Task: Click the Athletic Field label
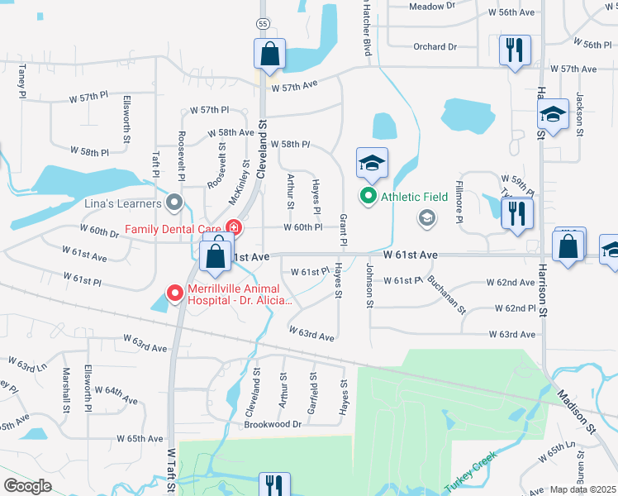pos(414,197)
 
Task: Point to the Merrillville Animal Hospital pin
pos(174,293)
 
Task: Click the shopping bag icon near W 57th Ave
pos(270,55)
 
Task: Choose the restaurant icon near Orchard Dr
pos(514,50)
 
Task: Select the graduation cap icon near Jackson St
pos(552,115)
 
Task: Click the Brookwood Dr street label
pos(273,424)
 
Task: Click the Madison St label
pos(582,413)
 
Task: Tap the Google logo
pos(27,486)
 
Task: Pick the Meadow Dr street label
pos(432,6)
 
